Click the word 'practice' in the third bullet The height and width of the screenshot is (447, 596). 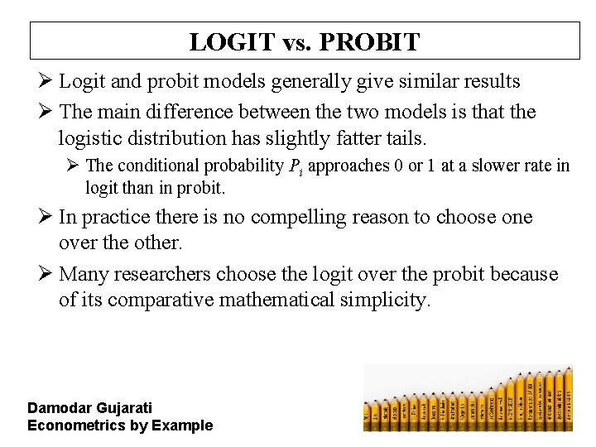pos(120,218)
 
